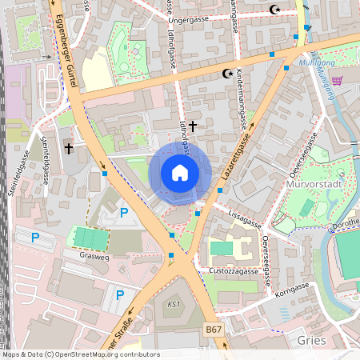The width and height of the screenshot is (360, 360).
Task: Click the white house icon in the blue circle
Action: tap(180, 173)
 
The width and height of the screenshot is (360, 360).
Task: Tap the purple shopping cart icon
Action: tap(337, 80)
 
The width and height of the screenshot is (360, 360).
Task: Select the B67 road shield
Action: tap(213, 329)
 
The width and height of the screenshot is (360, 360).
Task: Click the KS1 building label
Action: tap(174, 305)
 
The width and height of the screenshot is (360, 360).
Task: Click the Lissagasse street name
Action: tap(246, 215)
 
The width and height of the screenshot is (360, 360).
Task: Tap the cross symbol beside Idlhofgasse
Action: tap(192, 124)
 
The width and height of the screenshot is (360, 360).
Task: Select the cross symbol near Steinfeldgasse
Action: tap(69, 148)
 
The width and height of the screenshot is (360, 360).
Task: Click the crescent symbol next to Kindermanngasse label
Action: tap(227, 74)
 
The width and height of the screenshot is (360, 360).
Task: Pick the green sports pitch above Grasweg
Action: tap(90, 238)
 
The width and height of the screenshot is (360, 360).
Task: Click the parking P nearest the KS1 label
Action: tap(120, 295)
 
